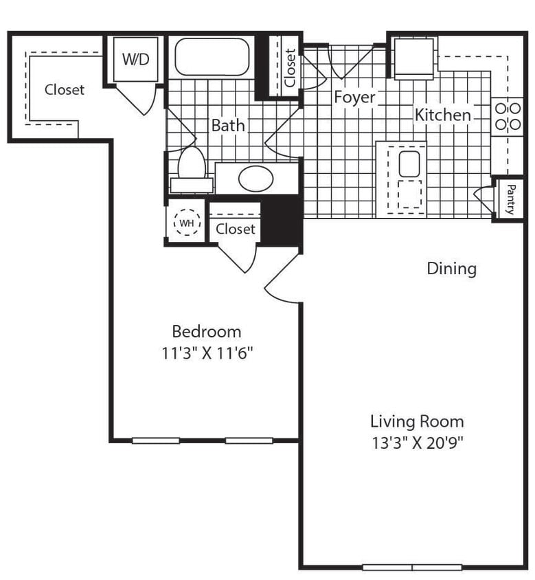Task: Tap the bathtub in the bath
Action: pyautogui.click(x=212, y=57)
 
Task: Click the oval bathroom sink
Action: pyautogui.click(x=255, y=179)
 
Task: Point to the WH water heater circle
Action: pyautogui.click(x=186, y=223)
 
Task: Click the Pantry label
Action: pyautogui.click(x=510, y=199)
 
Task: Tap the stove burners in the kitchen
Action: pyautogui.click(x=507, y=116)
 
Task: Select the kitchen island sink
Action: pyautogui.click(x=409, y=164)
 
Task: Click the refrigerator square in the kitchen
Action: pyautogui.click(x=413, y=58)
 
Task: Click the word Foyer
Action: pyautogui.click(x=354, y=97)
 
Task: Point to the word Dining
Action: pyautogui.click(x=451, y=268)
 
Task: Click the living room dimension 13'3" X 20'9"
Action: pyautogui.click(x=418, y=443)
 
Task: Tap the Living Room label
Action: pyautogui.click(x=417, y=421)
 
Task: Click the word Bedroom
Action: pyautogui.click(x=206, y=332)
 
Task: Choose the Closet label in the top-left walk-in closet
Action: pyautogui.click(x=65, y=90)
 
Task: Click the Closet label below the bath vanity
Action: pyautogui.click(x=235, y=229)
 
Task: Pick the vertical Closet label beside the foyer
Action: pyautogui.click(x=290, y=67)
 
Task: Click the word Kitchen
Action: pyautogui.click(x=443, y=115)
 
